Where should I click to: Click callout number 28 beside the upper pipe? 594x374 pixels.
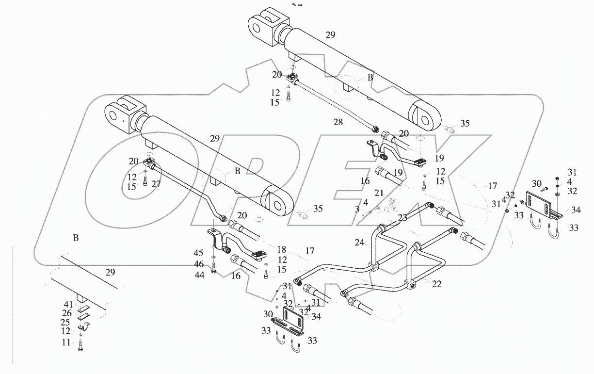337,122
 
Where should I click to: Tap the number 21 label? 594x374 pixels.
379,193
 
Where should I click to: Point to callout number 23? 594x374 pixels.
402,218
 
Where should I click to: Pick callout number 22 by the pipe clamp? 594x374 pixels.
436,284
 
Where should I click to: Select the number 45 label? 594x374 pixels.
199,253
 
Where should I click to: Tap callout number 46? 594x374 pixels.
199,264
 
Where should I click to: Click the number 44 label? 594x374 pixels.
199,275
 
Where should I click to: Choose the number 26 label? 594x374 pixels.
66,314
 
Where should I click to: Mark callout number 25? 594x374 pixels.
66,323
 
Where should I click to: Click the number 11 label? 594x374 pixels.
66,342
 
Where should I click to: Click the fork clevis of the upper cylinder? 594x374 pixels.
267,24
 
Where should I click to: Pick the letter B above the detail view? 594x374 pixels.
75,238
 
